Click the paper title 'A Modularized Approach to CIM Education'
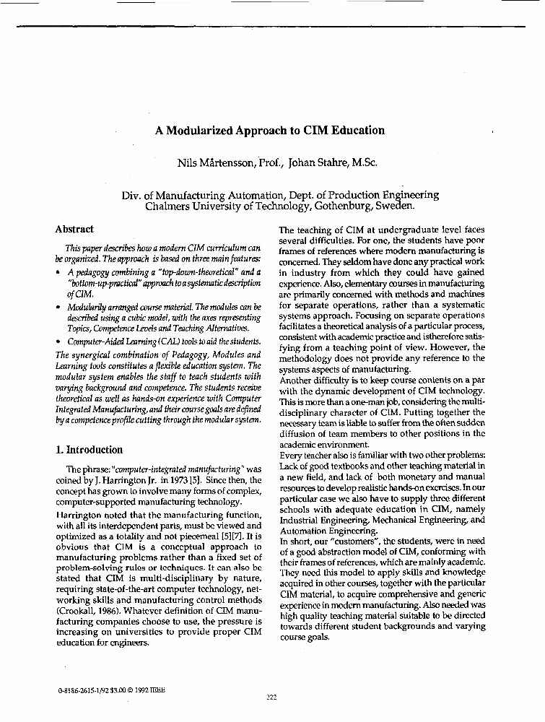point(270,131)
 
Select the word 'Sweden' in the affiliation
point(394,205)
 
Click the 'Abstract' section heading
point(74,230)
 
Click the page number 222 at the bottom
point(272,697)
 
